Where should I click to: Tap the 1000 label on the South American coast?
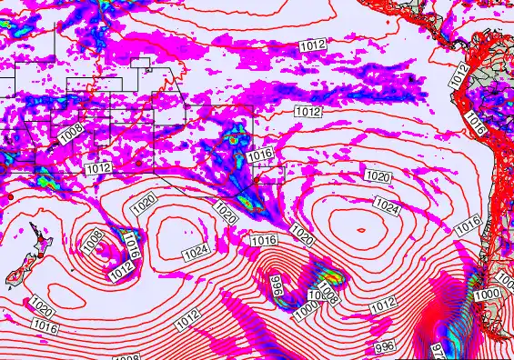point(487,295)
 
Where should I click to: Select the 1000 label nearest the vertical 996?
point(306,310)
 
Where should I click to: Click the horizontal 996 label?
point(385,346)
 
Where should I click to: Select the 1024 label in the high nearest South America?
point(387,208)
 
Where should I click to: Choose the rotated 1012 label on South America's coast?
point(459,78)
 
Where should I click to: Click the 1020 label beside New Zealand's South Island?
point(41,304)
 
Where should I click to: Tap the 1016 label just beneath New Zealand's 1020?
point(44,324)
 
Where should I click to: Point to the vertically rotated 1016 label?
point(131,244)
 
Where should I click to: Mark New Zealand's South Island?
point(16,275)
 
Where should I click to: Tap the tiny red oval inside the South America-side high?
point(361,230)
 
